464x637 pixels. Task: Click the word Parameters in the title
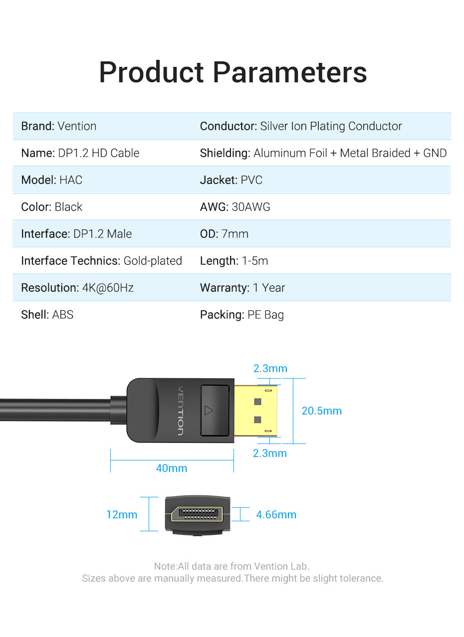(290, 72)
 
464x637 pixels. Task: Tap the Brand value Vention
(77, 126)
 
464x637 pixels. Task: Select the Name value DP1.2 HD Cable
(99, 153)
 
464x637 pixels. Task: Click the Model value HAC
(71, 180)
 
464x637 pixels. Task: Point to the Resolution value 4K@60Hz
(108, 288)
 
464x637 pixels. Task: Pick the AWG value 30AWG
(251, 207)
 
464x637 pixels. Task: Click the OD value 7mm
(235, 234)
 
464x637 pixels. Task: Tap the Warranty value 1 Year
(269, 288)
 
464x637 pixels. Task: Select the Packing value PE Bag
(265, 315)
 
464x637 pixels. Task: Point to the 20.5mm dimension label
(322, 411)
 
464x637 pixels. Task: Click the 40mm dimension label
(172, 468)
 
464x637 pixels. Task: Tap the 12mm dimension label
(122, 515)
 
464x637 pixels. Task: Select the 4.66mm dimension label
(276, 515)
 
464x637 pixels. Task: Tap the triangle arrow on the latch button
(209, 411)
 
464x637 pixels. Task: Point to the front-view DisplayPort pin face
(197, 514)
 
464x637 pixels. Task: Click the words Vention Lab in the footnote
(281, 566)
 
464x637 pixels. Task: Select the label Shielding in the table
(225, 153)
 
